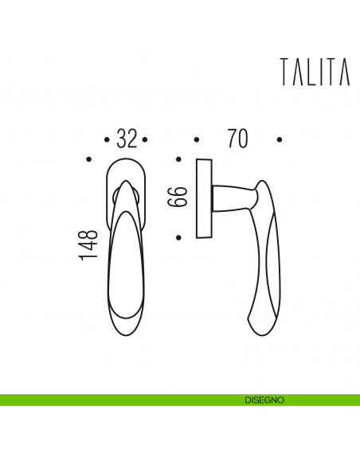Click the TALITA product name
point(315,72)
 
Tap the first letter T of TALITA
point(285,72)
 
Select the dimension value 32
point(127,139)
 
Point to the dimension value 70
point(237,139)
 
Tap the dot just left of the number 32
point(108,140)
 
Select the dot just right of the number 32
point(146,140)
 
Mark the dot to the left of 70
point(196,140)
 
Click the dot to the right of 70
point(280,140)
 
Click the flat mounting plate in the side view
point(202,198)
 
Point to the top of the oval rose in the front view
point(126,160)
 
